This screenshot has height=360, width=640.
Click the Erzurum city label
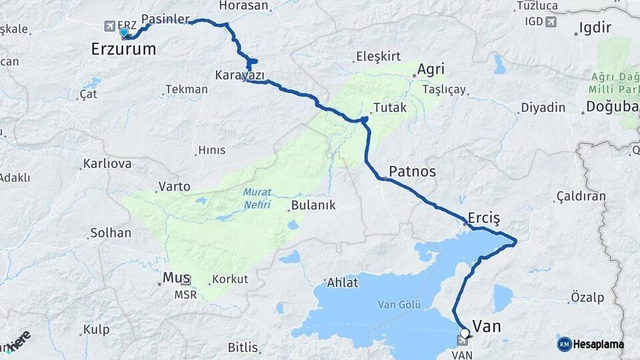click(123, 49)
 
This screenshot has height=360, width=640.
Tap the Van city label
click(486, 326)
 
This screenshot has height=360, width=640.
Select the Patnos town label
click(412, 171)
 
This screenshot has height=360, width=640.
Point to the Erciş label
click(483, 219)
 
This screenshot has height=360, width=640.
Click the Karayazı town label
click(239, 74)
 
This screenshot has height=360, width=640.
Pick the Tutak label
click(390, 107)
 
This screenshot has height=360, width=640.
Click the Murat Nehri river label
click(257, 198)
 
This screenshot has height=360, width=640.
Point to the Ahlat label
click(342, 283)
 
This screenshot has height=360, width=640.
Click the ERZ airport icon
click(109, 26)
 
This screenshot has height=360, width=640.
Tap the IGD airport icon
click(550, 21)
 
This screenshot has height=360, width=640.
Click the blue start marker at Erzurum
click(124, 32)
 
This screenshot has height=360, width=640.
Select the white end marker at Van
click(465, 332)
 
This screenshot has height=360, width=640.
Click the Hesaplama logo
click(591, 344)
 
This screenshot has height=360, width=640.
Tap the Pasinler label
click(165, 19)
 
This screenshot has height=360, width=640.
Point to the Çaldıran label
click(580, 196)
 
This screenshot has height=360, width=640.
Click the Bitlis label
click(243, 347)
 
